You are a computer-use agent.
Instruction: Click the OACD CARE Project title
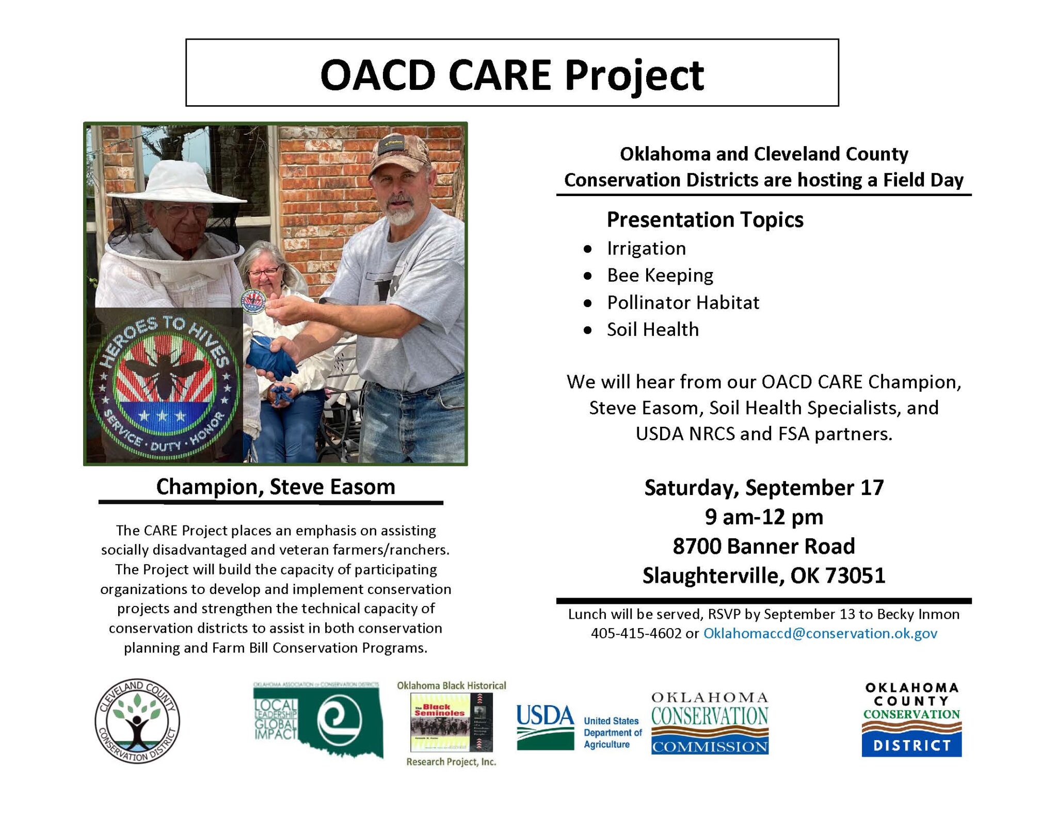(511, 75)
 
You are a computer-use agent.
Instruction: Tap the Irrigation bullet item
(646, 249)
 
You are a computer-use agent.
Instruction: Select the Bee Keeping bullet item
(660, 276)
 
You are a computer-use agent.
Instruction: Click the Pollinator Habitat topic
(683, 303)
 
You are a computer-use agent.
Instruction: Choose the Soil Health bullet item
(652, 330)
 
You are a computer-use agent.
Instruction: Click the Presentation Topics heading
(704, 220)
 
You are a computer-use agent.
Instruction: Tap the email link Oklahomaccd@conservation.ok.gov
(820, 633)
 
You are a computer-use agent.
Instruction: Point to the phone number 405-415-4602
(636, 633)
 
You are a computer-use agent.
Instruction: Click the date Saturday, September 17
(764, 488)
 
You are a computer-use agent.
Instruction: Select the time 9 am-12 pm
(764, 517)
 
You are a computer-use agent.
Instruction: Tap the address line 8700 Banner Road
(764, 547)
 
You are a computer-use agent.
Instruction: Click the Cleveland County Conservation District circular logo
(137, 721)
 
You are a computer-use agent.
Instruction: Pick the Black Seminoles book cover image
(451, 722)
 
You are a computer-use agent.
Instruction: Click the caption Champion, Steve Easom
(276, 487)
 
